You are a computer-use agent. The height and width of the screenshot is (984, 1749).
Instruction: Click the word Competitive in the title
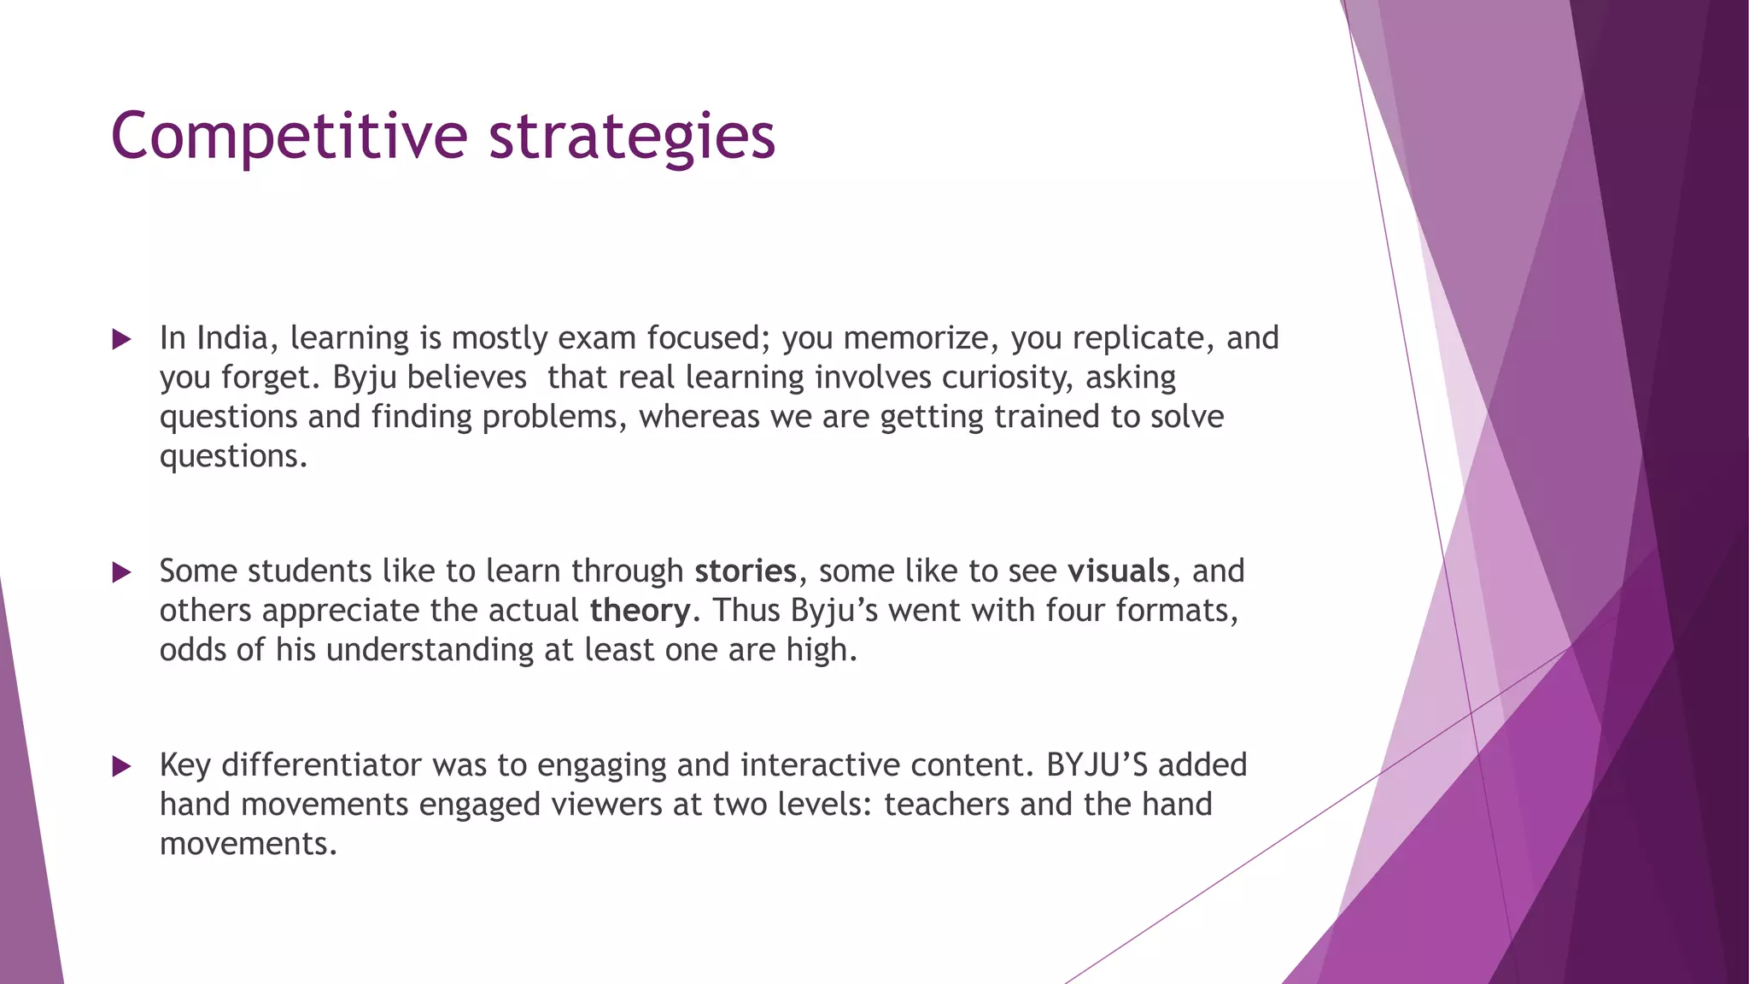pos(289,137)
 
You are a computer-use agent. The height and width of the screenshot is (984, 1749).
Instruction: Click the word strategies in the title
pos(631,137)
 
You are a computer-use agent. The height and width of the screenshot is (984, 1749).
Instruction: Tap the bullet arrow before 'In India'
pos(121,340)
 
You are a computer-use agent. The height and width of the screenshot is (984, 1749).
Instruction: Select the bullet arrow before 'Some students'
pos(121,572)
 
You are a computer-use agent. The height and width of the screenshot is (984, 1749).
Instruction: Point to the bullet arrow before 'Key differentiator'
pos(121,766)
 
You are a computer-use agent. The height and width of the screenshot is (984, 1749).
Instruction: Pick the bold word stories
pos(745,571)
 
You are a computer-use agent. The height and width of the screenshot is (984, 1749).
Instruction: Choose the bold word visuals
pos(1118,571)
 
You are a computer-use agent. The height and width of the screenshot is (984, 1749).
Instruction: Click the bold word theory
pos(640,611)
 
